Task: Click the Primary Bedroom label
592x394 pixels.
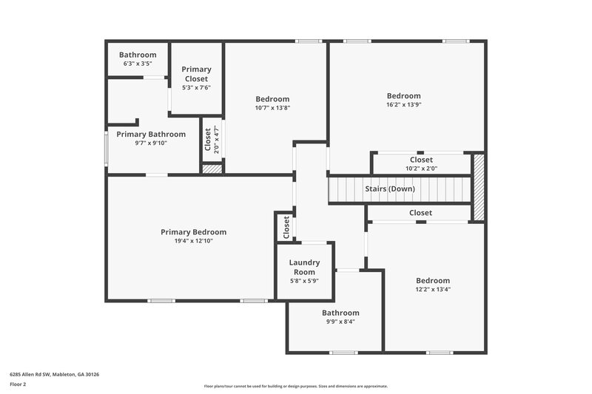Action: [x=193, y=232]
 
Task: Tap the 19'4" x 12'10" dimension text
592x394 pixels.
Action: [x=193, y=241]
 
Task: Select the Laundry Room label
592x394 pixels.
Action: [x=304, y=267]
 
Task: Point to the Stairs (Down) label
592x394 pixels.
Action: [x=390, y=188]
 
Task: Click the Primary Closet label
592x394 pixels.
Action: [x=196, y=74]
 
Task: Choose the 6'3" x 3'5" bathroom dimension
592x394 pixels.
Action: [x=138, y=64]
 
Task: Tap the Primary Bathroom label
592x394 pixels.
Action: [x=151, y=134]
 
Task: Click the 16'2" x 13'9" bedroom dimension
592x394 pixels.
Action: [x=403, y=104]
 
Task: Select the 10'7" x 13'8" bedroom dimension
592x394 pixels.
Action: [x=272, y=108]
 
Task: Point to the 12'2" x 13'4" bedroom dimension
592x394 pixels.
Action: [x=432, y=289]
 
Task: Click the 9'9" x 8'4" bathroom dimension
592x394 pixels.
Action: [x=340, y=322]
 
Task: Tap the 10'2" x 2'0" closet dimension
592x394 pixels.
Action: [x=421, y=168]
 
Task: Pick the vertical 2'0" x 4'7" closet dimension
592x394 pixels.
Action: [x=216, y=140]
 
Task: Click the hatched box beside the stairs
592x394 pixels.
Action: [x=479, y=186]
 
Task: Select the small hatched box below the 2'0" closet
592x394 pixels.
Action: [x=212, y=169]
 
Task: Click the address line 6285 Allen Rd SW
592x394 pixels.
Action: [x=54, y=374]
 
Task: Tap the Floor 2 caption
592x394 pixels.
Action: [x=18, y=384]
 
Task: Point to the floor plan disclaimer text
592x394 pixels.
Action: [x=295, y=386]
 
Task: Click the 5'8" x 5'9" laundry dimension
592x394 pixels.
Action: [x=304, y=281]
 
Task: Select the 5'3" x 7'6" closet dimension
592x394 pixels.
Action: [x=196, y=87]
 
